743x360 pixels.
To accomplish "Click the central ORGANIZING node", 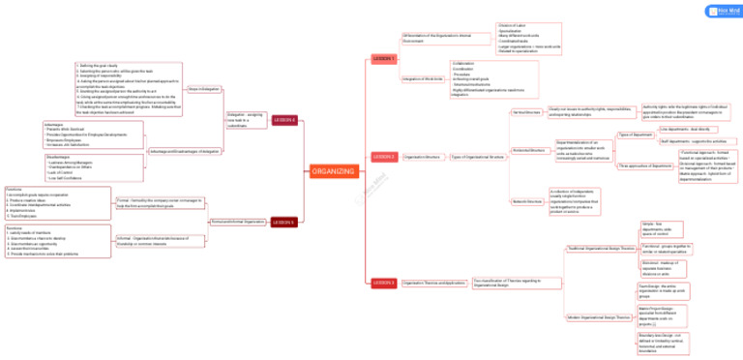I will tap(334, 171).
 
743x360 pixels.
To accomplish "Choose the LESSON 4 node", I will tap(284, 120).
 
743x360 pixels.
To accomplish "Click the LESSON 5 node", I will tap(283, 222).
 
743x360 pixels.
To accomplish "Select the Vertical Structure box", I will tap(526, 112).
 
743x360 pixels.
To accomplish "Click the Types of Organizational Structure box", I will tap(477, 156).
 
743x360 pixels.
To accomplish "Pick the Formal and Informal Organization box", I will tap(237, 222).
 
